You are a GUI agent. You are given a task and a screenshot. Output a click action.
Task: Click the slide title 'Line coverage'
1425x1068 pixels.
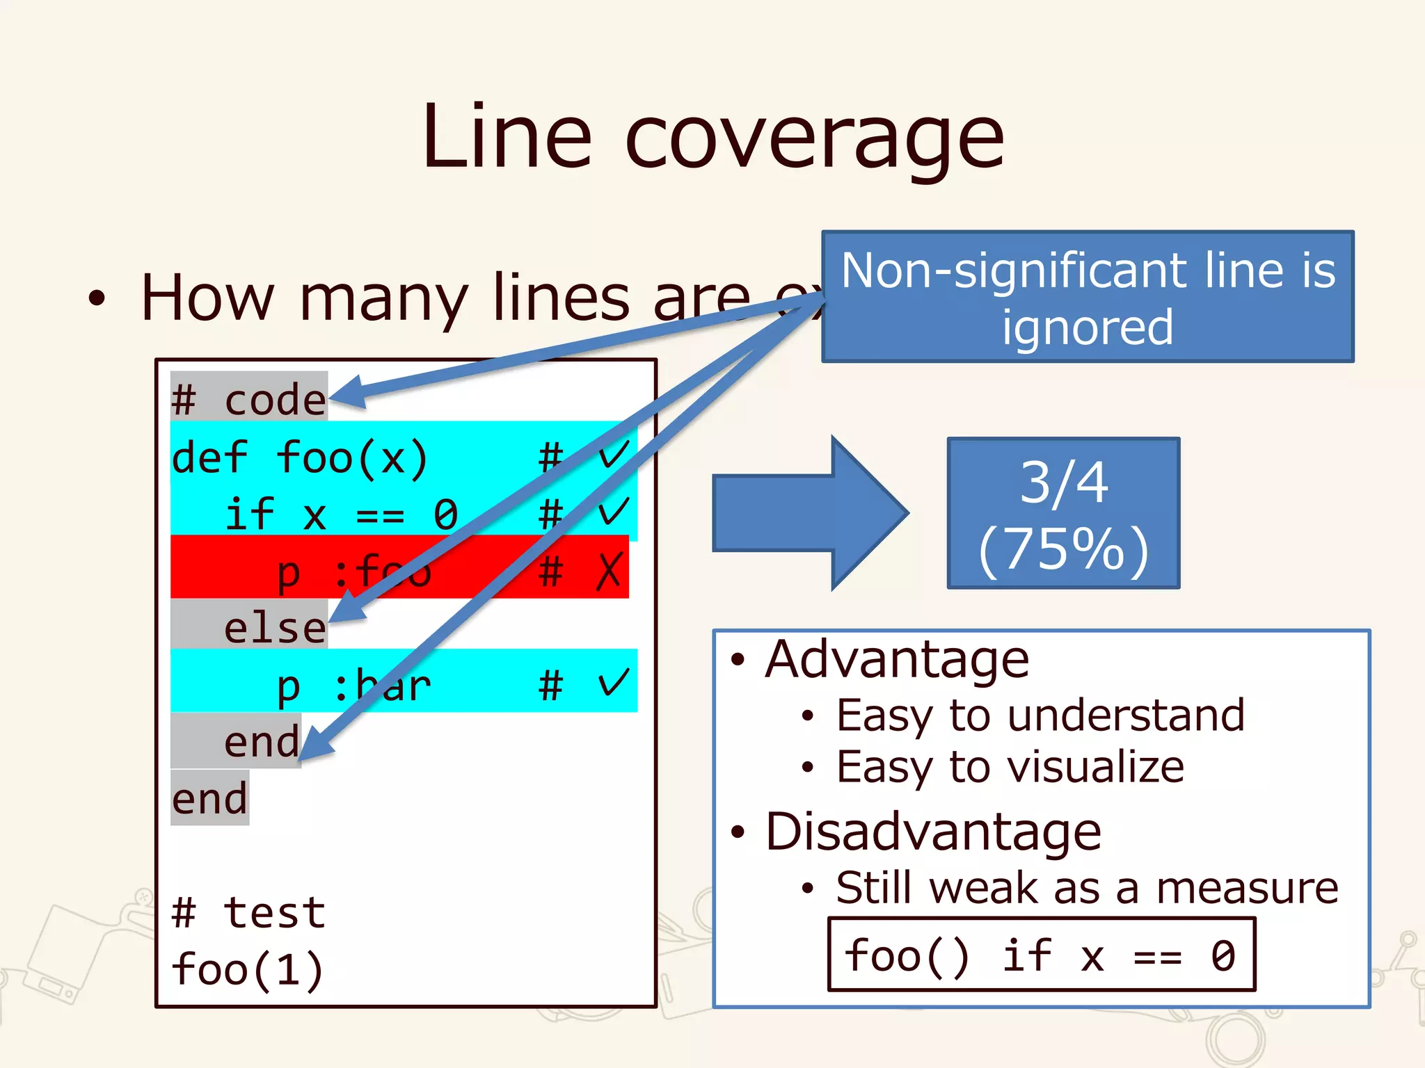[712, 137]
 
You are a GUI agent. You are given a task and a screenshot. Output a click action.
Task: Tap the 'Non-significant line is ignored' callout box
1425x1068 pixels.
[1088, 297]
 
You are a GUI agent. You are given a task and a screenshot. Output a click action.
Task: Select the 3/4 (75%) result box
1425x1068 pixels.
[1063, 513]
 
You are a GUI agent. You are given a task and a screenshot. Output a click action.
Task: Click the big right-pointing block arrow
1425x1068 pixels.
[810, 513]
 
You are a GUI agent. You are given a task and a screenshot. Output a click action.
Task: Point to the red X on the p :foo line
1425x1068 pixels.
[610, 571]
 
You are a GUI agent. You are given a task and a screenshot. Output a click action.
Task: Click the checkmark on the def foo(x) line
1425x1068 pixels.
[614, 455]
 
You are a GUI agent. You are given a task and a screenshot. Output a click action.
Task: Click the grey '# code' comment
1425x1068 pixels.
[248, 400]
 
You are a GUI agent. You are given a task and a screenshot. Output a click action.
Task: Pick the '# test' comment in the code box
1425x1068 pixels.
[248, 912]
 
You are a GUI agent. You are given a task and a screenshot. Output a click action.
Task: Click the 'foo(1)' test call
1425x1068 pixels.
[248, 969]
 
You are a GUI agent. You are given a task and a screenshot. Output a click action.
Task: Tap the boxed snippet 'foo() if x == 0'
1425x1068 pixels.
[1041, 955]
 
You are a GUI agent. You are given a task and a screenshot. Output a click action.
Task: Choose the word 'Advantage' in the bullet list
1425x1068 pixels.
[897, 659]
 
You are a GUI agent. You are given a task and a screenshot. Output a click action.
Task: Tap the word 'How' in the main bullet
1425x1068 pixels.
[207, 298]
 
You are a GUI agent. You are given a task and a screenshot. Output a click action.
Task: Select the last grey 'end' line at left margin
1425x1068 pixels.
[209, 798]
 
